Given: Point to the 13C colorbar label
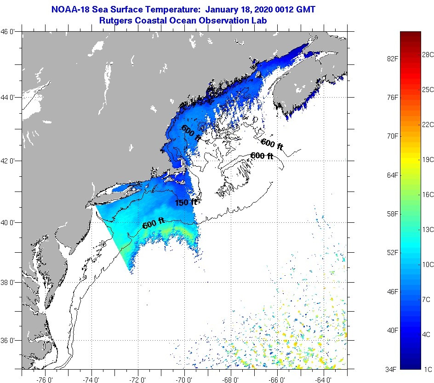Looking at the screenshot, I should coord(428,229).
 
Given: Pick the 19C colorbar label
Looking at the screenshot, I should coord(428,159).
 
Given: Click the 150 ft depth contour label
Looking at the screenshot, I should coord(186,202).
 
